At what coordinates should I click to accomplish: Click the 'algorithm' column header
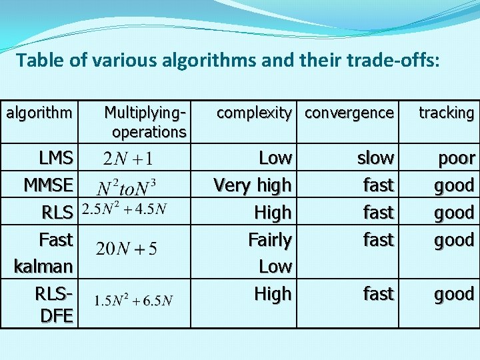click(39, 113)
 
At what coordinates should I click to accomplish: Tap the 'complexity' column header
click(254, 113)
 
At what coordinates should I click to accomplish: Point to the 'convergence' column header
click(349, 113)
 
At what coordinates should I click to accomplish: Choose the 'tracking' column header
click(446, 113)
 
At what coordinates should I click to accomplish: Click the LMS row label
click(56, 158)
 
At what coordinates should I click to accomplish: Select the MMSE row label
click(49, 185)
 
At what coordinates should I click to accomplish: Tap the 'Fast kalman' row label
click(44, 253)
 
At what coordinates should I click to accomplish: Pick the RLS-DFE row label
click(57, 304)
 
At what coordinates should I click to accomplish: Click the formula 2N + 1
click(129, 159)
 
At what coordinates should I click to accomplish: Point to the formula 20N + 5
click(127, 249)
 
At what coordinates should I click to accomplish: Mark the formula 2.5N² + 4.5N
click(125, 210)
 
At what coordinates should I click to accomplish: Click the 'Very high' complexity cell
click(252, 185)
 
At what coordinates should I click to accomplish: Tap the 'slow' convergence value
click(375, 158)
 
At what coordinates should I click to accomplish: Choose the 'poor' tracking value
click(456, 158)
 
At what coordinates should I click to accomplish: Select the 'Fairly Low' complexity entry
click(270, 253)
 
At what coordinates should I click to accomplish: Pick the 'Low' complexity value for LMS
click(275, 158)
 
